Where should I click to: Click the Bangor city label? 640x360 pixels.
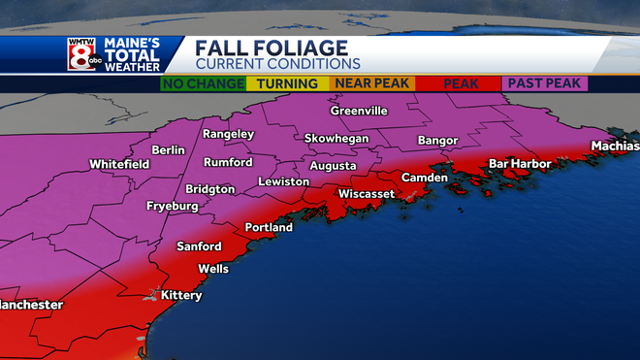436,141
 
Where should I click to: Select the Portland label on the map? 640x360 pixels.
269,227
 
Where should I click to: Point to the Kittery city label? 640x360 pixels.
181,293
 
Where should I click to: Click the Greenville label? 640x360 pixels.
359,111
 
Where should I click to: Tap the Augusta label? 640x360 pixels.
333,165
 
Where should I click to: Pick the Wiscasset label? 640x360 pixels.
366,194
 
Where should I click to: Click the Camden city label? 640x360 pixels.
425,178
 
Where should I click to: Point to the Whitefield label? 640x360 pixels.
119,165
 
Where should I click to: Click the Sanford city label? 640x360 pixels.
199,246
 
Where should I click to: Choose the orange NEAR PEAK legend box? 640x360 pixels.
372,84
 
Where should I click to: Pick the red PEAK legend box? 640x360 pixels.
461,84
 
